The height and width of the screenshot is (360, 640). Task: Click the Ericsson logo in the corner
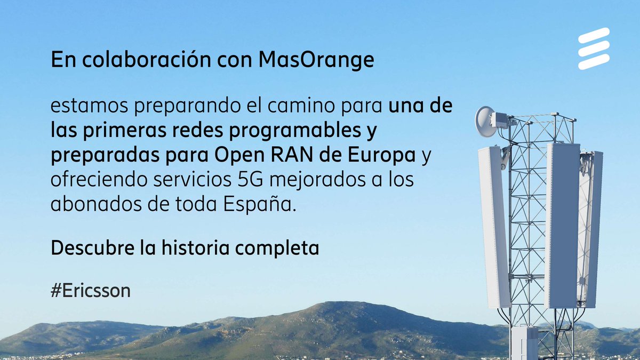coord(594,49)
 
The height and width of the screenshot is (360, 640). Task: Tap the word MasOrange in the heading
coord(316,60)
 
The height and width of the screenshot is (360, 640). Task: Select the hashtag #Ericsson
coord(91,291)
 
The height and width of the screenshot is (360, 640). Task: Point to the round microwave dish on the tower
coord(485,121)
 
